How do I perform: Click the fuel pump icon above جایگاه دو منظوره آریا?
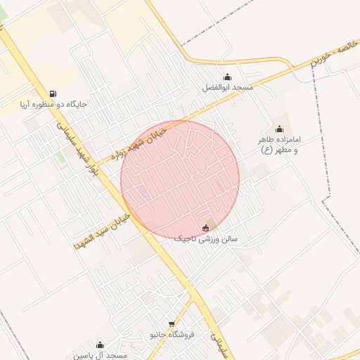click(53, 94)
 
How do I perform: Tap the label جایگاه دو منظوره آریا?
click(53, 105)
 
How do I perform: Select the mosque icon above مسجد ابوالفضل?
click(226, 77)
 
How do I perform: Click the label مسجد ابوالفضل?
click(226, 88)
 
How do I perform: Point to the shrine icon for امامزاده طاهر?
click(279, 129)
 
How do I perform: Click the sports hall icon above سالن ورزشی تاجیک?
click(205, 227)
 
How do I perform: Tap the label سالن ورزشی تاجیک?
click(206, 239)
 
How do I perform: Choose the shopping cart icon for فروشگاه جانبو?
click(172, 324)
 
